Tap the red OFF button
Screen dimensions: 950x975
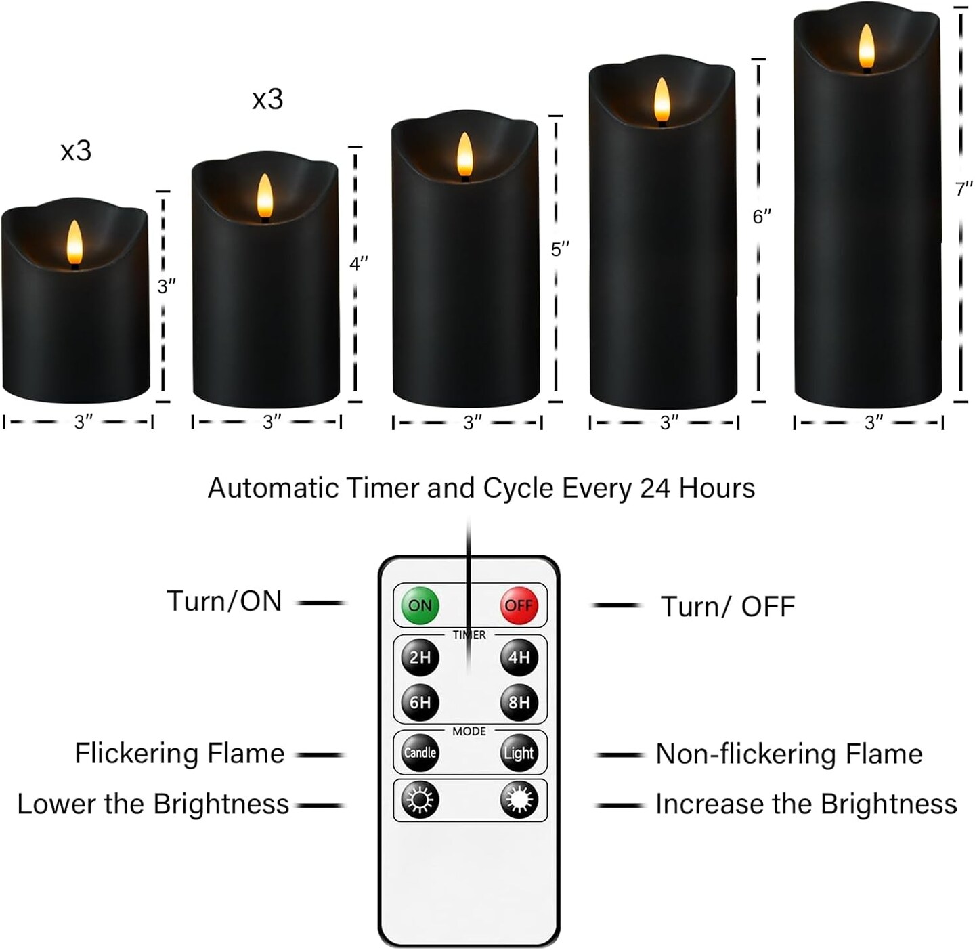519,605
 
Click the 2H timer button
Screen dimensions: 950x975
420,657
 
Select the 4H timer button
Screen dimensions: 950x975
519,657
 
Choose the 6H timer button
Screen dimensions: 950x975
420,702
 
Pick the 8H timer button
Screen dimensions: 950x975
519,702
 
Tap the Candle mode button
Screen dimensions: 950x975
420,753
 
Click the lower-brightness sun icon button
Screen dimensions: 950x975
420,800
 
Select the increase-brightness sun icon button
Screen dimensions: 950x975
519,800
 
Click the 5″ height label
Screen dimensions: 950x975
560,250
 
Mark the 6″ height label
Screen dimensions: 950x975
762,217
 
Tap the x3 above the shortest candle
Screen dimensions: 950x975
76,151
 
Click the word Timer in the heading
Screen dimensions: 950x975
383,488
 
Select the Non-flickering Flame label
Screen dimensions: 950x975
789,754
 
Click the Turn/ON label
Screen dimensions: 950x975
224,601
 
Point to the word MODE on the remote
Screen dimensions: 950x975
469,731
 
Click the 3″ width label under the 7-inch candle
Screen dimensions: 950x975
873,423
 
